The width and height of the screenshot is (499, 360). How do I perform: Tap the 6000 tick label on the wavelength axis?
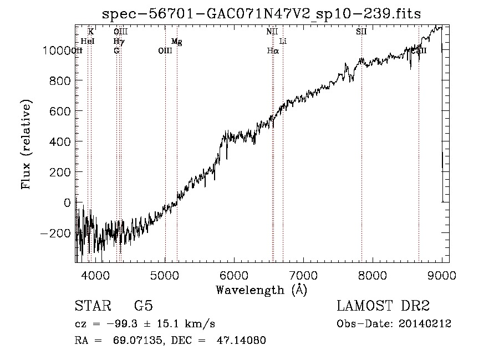click(234, 275)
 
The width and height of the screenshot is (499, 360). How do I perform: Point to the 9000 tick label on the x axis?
click(442, 275)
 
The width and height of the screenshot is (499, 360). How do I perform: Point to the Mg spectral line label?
click(176, 42)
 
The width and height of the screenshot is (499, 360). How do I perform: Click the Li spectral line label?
click(283, 42)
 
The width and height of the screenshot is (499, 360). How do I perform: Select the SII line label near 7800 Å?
click(361, 32)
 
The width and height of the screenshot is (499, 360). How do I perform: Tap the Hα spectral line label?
click(272, 51)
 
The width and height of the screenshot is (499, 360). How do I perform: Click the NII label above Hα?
click(272, 32)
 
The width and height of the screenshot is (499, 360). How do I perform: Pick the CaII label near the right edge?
click(420, 51)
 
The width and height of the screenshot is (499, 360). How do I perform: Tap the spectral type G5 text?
click(143, 306)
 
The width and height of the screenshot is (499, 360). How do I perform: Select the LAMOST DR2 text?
click(383, 306)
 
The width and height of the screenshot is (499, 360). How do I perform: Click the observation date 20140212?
click(426, 324)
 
